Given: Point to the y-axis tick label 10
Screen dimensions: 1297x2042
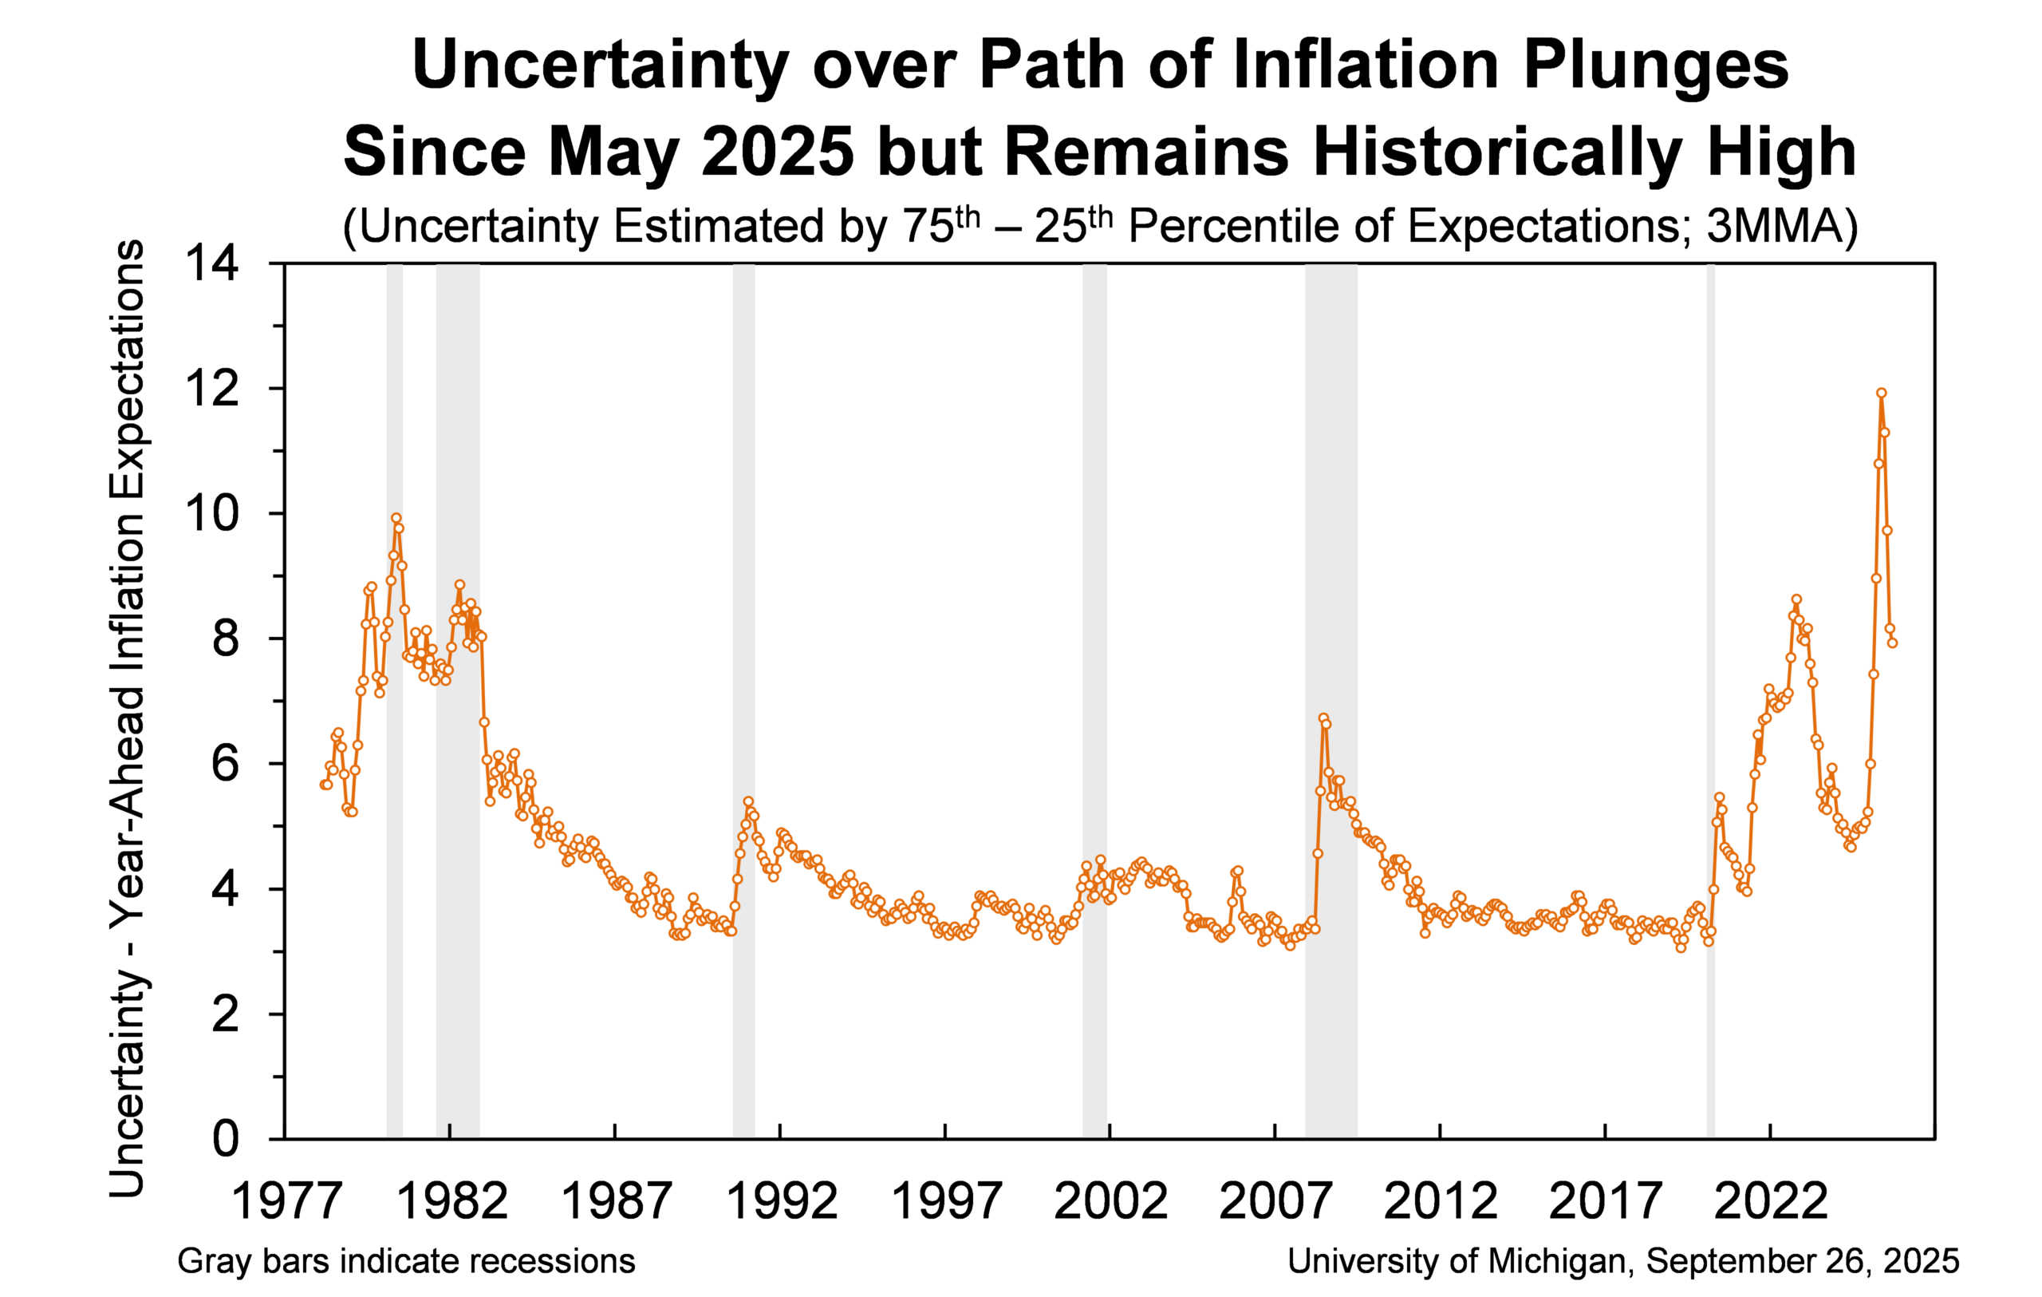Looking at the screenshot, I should [213, 513].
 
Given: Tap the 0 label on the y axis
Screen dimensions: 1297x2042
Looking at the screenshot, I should [226, 1139].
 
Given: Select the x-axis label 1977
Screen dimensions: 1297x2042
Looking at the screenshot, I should [286, 1202].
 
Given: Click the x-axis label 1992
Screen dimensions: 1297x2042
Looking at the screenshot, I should [781, 1202].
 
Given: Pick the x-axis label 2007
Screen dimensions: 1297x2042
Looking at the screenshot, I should [1275, 1202].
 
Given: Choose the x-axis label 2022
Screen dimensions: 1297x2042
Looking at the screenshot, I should [1771, 1202].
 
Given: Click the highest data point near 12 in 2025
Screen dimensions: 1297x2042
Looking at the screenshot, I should [1881, 393].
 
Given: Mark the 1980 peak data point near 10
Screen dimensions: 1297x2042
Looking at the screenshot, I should [396, 517].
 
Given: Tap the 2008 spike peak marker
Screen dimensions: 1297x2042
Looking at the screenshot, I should [1323, 718].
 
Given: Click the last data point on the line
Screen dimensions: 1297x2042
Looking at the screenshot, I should [1892, 643].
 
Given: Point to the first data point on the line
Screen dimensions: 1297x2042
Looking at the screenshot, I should [324, 785].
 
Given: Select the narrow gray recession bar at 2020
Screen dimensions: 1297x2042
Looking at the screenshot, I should [1710, 678].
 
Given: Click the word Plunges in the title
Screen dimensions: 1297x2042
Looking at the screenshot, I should [1655, 65].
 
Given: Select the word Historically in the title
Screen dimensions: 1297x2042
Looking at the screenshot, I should [1496, 152].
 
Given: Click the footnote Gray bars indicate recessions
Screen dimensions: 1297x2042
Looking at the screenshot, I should [406, 1261].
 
